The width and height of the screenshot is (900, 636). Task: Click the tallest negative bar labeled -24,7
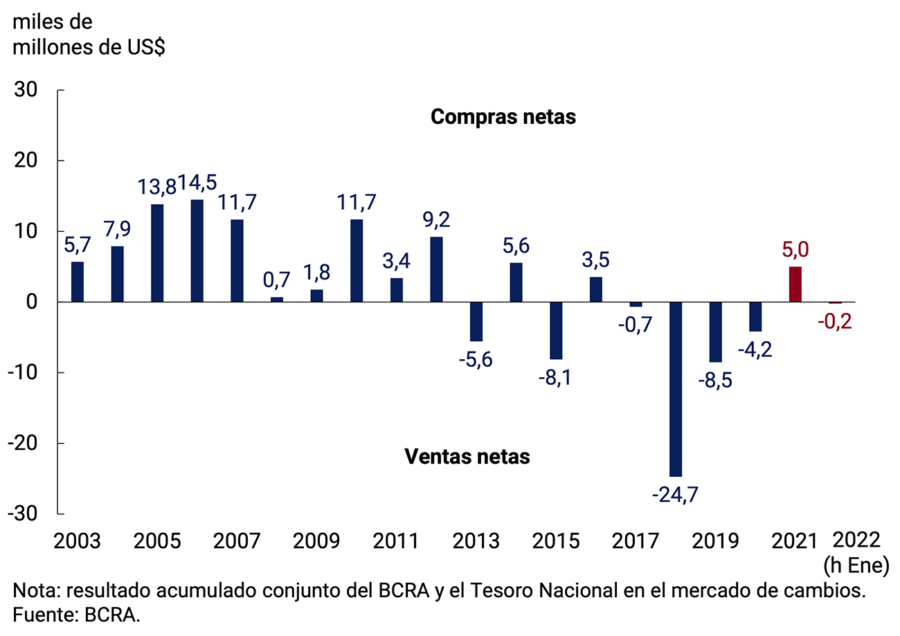(676, 389)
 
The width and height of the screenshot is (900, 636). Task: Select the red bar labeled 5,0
(795, 284)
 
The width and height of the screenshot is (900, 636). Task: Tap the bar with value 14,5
(197, 251)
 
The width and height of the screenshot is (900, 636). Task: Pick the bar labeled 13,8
(157, 253)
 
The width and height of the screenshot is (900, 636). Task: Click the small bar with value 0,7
(277, 299)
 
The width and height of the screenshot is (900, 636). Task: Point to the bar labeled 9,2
(437, 269)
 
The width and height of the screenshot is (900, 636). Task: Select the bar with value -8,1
(556, 331)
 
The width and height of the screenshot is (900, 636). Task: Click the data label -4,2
(755, 348)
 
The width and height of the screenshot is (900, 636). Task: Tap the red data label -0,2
(836, 322)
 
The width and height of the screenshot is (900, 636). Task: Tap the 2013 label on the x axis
(476, 540)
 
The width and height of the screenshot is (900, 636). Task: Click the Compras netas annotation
(503, 117)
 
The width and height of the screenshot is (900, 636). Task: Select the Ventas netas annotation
(467, 457)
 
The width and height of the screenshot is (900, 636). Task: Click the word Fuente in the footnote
(43, 615)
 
